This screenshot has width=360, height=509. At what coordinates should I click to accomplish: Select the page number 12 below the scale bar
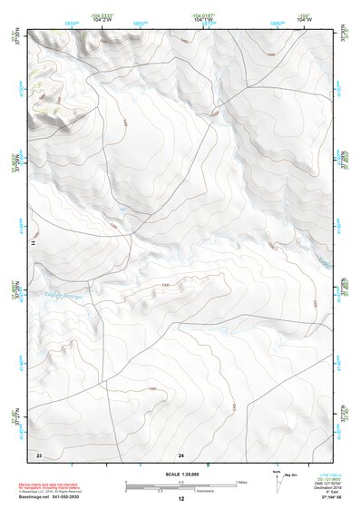pos(180,499)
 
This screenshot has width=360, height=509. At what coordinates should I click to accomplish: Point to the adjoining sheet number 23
pos(39,453)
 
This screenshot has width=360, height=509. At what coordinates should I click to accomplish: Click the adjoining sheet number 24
pos(180,453)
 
